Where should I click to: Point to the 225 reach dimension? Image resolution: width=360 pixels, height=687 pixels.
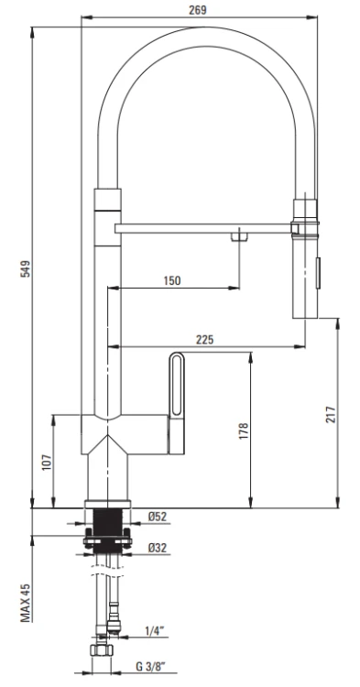pos(205,339)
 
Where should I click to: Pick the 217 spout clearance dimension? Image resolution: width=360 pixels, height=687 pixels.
pos(331,413)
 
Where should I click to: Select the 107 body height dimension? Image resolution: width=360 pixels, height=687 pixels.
pos(46,462)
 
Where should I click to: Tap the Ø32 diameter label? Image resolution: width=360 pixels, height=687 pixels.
pos(158,548)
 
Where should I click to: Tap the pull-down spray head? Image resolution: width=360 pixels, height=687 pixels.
pos(304,266)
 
